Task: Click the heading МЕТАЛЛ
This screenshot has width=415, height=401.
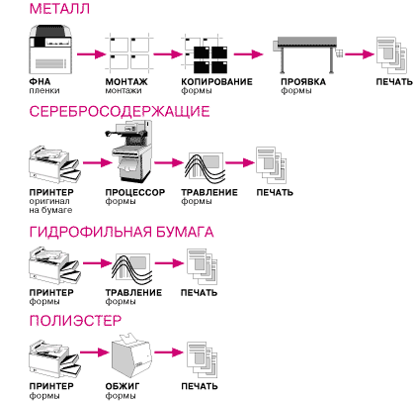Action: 59,9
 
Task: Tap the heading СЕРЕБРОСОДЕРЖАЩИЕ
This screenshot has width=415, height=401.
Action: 120,111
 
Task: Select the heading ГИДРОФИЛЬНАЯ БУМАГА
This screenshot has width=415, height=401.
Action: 122,232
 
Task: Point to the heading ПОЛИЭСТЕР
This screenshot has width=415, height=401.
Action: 75,321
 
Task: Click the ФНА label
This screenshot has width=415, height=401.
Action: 40,81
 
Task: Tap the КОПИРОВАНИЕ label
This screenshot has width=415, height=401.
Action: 216,81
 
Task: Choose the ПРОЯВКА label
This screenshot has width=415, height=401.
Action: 303,81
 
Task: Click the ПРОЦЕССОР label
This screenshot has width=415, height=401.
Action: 135,192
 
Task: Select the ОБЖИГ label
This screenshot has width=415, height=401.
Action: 123,386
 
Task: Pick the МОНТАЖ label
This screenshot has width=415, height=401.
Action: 126,81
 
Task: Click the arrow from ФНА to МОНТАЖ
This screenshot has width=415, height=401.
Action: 91,53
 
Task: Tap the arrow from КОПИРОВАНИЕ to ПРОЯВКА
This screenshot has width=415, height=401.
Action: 249,53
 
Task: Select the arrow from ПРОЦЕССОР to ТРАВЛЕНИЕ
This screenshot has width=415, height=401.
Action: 168,162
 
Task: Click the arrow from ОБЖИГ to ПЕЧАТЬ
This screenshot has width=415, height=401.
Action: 168,352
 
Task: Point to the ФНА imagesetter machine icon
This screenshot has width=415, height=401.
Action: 50,50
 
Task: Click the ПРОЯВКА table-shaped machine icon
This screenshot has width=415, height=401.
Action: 307,54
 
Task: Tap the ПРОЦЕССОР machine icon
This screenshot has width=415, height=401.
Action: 129,151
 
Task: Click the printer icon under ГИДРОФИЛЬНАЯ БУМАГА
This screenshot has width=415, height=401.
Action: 54,265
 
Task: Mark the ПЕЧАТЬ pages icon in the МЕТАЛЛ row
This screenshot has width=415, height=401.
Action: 391,55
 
